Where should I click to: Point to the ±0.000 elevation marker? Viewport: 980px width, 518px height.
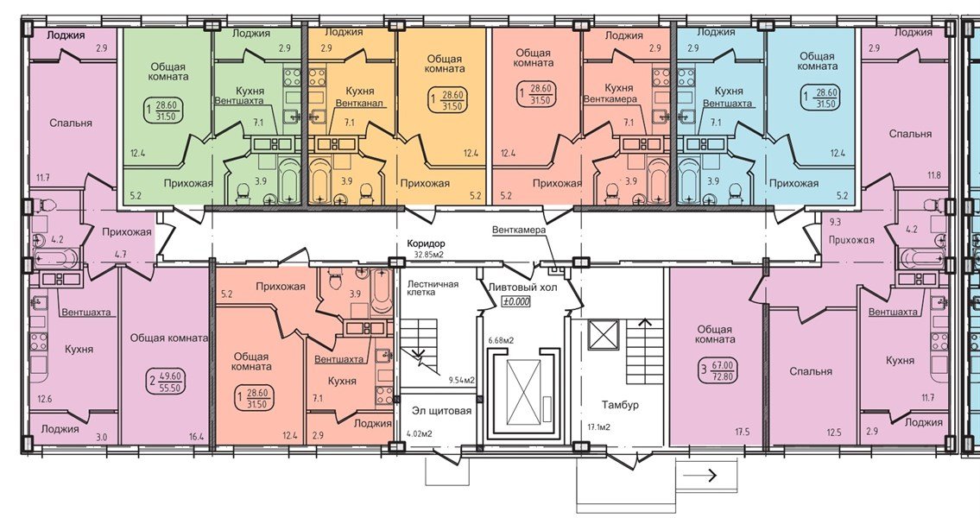(515, 301)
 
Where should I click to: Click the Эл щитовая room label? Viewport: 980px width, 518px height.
(441, 411)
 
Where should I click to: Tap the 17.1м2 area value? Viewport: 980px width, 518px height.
(598, 427)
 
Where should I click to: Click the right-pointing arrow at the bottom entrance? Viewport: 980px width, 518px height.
(706, 473)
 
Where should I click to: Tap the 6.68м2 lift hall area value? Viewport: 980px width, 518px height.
(501, 340)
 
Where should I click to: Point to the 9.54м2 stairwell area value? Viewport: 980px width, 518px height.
(462, 380)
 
